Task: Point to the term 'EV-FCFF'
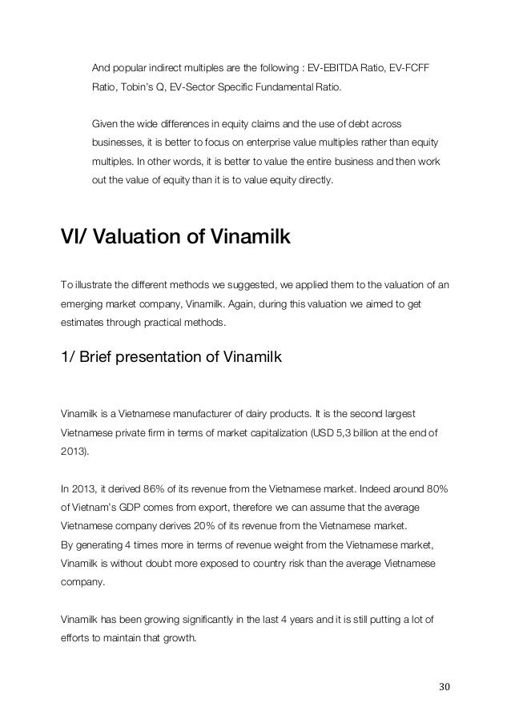coord(407,65)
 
